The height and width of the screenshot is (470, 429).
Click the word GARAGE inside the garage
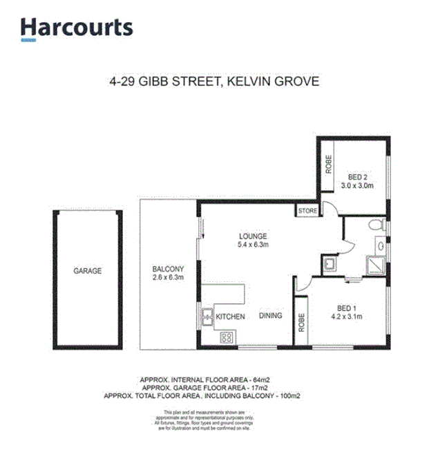click(88, 271)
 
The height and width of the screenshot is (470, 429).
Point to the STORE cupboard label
click(307, 211)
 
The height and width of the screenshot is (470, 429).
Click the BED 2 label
click(356, 176)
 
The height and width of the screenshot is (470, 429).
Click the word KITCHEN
click(231, 317)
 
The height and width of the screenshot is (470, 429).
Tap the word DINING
click(271, 317)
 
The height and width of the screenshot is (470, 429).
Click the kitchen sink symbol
click(207, 317)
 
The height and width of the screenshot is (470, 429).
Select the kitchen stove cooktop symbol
click(226, 338)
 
